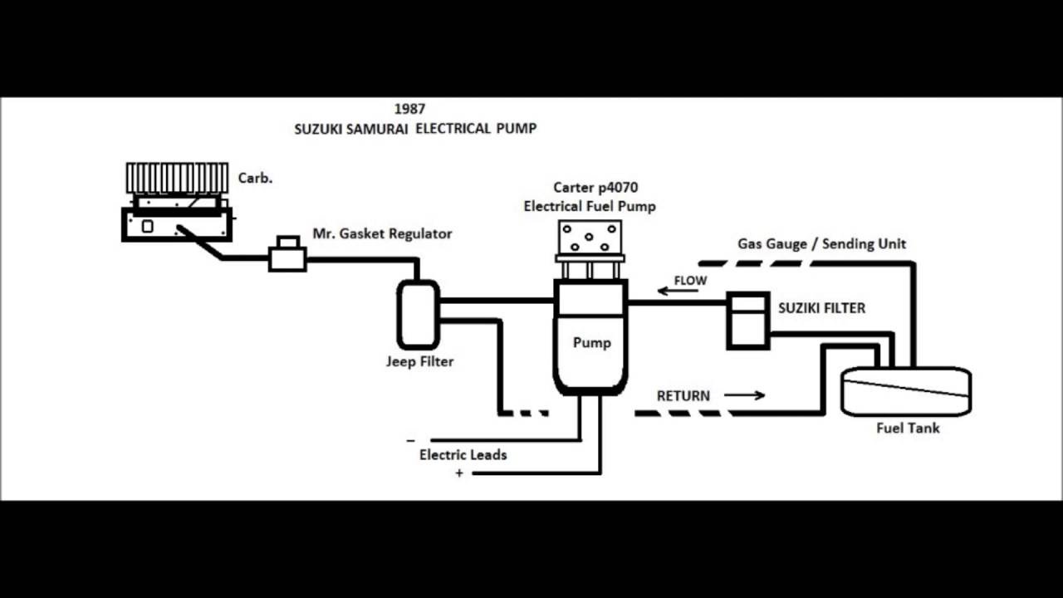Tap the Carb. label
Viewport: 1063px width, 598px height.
[255, 178]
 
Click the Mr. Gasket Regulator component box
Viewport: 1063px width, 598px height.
[287, 255]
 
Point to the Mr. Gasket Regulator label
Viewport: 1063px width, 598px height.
[382, 234]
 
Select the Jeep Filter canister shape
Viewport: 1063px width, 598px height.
[418, 314]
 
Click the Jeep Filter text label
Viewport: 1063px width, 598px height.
[419, 362]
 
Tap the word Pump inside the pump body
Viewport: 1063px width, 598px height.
[591, 342]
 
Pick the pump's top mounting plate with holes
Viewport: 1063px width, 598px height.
[589, 238]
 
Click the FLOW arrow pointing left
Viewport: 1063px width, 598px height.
[669, 291]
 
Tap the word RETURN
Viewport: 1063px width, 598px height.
[683, 396]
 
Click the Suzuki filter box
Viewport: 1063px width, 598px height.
[748, 320]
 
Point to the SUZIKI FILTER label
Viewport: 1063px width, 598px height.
[821, 308]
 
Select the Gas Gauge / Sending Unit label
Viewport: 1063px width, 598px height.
[821, 244]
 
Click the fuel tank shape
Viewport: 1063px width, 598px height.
[906, 391]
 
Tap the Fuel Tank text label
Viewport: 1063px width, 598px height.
[908, 429]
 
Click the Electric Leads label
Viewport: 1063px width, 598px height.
[463, 455]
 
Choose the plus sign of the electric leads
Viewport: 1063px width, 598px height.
[458, 473]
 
